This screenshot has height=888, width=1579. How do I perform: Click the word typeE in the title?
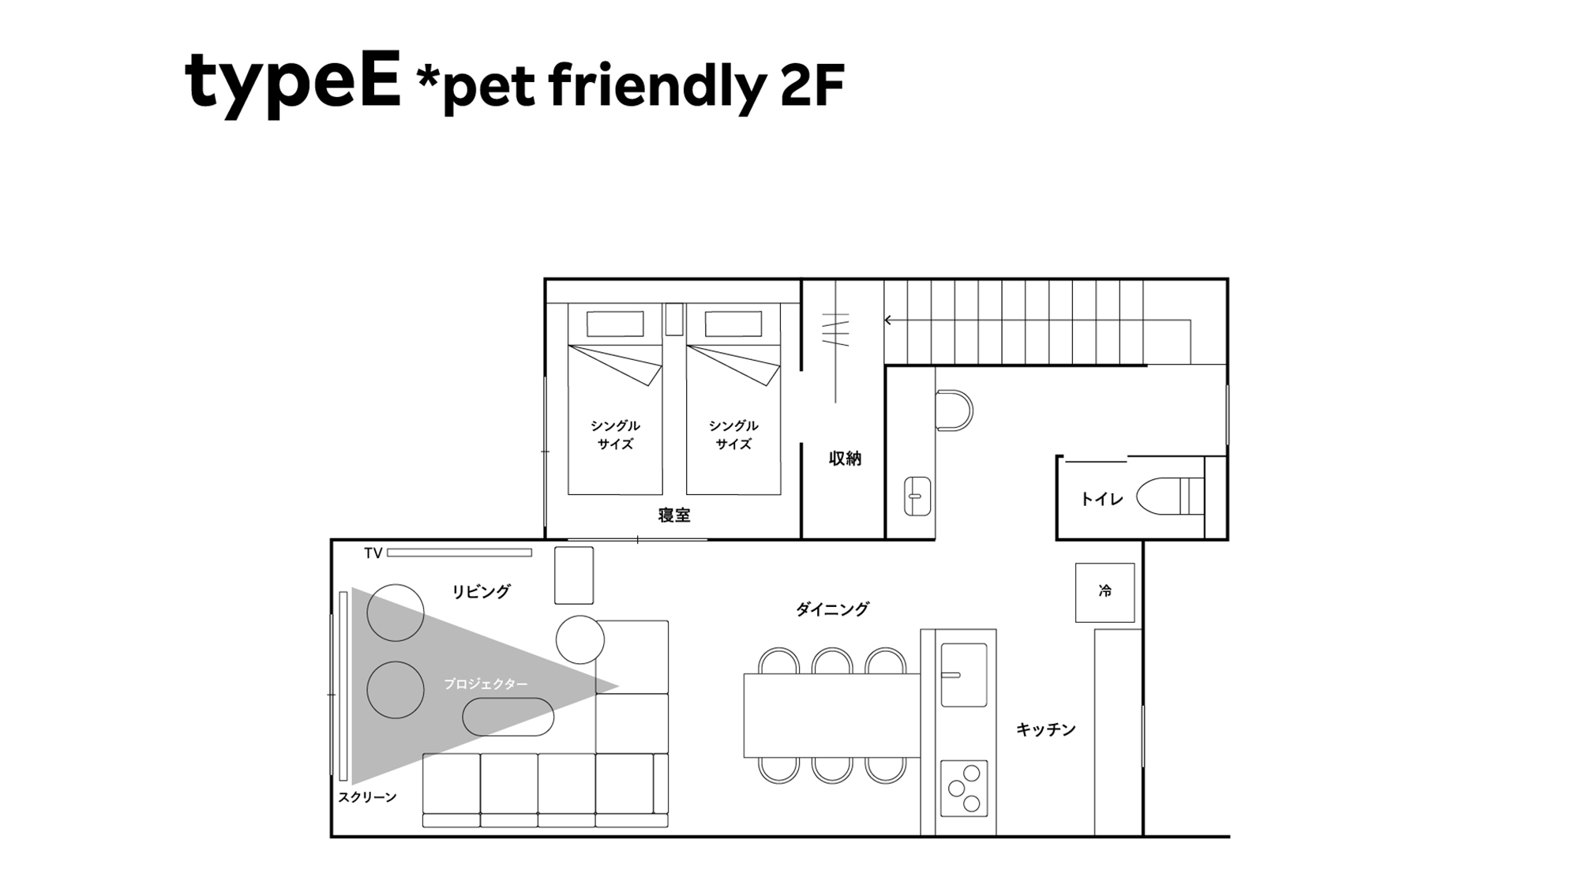click(293, 82)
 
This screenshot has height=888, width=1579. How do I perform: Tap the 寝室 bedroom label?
click(674, 515)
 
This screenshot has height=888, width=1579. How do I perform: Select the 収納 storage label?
click(845, 459)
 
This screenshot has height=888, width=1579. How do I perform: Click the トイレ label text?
click(1101, 499)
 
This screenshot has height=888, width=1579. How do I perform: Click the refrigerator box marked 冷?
click(1105, 592)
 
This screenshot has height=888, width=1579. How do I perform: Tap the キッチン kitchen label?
click(1046, 730)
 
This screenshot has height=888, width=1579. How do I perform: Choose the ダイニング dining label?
click(832, 609)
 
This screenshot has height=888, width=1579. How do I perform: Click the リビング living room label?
click(481, 591)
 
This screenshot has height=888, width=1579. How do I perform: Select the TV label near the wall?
click(373, 553)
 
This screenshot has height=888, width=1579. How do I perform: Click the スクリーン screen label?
click(367, 797)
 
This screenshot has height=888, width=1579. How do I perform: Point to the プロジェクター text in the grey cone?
click(486, 684)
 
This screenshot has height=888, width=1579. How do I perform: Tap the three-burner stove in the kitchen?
click(964, 788)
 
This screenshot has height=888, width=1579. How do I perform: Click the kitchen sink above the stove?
click(963, 675)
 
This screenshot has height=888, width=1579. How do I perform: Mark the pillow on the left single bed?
click(615, 324)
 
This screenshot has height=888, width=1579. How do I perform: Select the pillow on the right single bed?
click(733, 324)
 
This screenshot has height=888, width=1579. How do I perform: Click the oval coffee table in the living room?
click(508, 717)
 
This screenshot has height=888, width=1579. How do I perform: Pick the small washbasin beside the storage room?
click(917, 496)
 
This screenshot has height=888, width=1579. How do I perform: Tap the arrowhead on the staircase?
click(888, 320)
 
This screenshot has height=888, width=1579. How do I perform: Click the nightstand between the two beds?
click(673, 319)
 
